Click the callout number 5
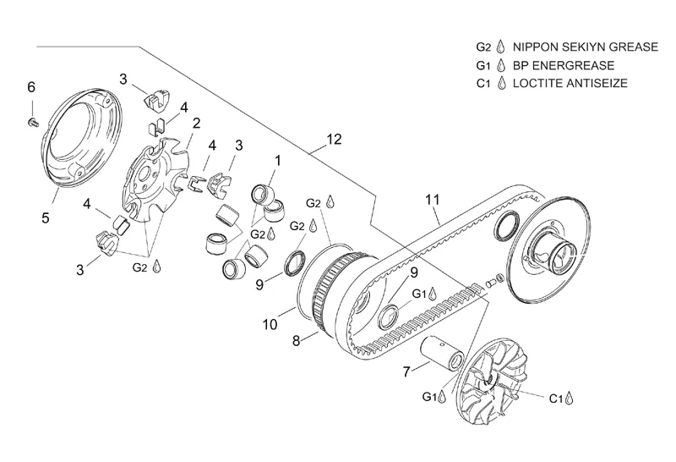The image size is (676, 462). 46,217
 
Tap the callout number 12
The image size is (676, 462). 334,139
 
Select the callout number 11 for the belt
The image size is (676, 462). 433,200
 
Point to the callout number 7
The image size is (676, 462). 406,371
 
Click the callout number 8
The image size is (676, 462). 296,341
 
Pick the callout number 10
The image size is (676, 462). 270,324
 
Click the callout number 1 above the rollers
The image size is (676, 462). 278,161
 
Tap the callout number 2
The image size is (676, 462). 197,124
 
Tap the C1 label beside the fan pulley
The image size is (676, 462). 556,399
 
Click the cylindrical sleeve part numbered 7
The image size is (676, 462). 442,352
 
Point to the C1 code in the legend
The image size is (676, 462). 483,83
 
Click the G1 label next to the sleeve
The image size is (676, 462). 429,396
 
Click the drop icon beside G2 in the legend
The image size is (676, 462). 500,47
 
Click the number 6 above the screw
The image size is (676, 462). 31,87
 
